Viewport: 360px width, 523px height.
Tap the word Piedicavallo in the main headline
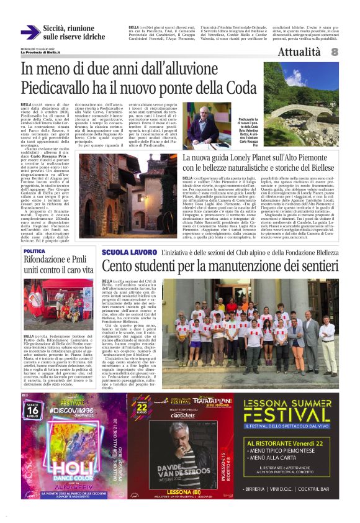click(51, 86)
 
